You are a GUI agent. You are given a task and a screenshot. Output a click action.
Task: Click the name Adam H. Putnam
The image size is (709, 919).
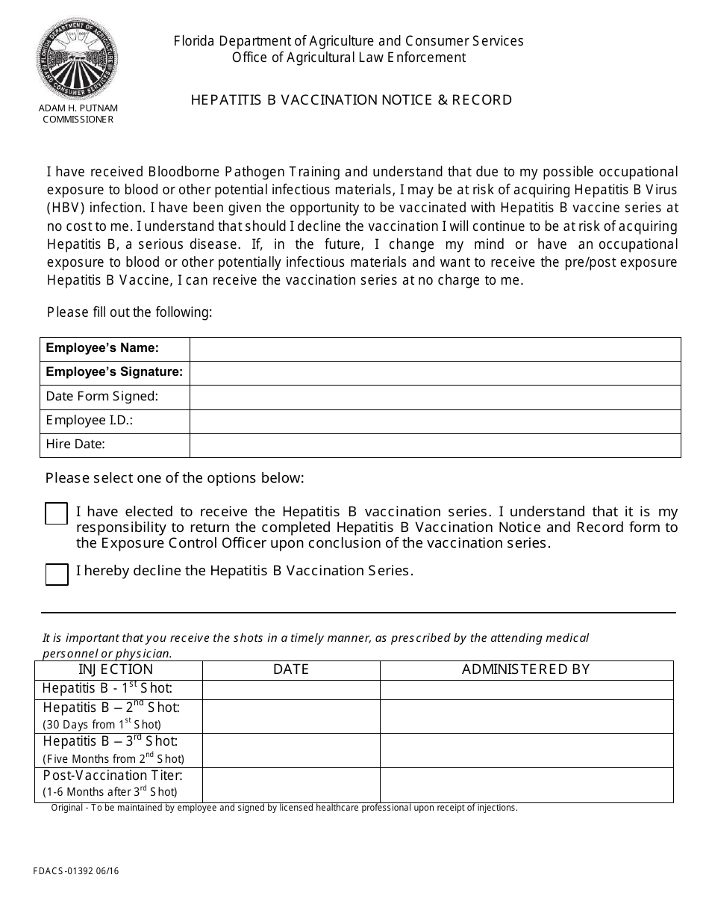click(78, 108)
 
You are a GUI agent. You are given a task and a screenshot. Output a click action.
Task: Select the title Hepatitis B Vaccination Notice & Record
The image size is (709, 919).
click(352, 100)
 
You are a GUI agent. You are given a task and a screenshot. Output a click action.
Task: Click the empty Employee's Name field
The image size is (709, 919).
click(435, 349)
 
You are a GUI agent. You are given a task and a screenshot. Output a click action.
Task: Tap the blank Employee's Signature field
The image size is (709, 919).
click(435, 373)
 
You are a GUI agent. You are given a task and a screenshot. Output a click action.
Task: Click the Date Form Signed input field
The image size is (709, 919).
click(435, 397)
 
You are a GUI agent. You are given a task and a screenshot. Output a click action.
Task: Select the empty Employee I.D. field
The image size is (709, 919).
click(435, 421)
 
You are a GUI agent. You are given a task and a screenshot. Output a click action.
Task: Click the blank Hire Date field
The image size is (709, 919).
click(435, 445)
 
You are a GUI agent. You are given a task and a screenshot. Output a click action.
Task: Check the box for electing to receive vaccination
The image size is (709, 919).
click(57, 514)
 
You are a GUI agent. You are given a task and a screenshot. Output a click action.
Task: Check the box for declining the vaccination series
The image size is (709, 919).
click(57, 574)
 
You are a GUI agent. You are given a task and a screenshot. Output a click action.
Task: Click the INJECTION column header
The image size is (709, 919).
click(116, 669)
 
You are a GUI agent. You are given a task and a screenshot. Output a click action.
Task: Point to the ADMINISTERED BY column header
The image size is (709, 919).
click(526, 669)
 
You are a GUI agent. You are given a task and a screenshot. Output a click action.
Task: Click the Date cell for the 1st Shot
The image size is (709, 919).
click(291, 689)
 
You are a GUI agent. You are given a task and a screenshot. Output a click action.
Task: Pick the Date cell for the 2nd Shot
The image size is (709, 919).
click(291, 716)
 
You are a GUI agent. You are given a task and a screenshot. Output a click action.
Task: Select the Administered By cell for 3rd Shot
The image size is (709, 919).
click(526, 750)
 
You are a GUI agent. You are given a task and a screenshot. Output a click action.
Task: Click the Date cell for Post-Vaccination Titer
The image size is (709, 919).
click(291, 785)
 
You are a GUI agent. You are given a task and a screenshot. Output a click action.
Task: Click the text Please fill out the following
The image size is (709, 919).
click(130, 312)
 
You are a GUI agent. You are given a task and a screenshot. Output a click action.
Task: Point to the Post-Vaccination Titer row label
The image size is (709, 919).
click(113, 776)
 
